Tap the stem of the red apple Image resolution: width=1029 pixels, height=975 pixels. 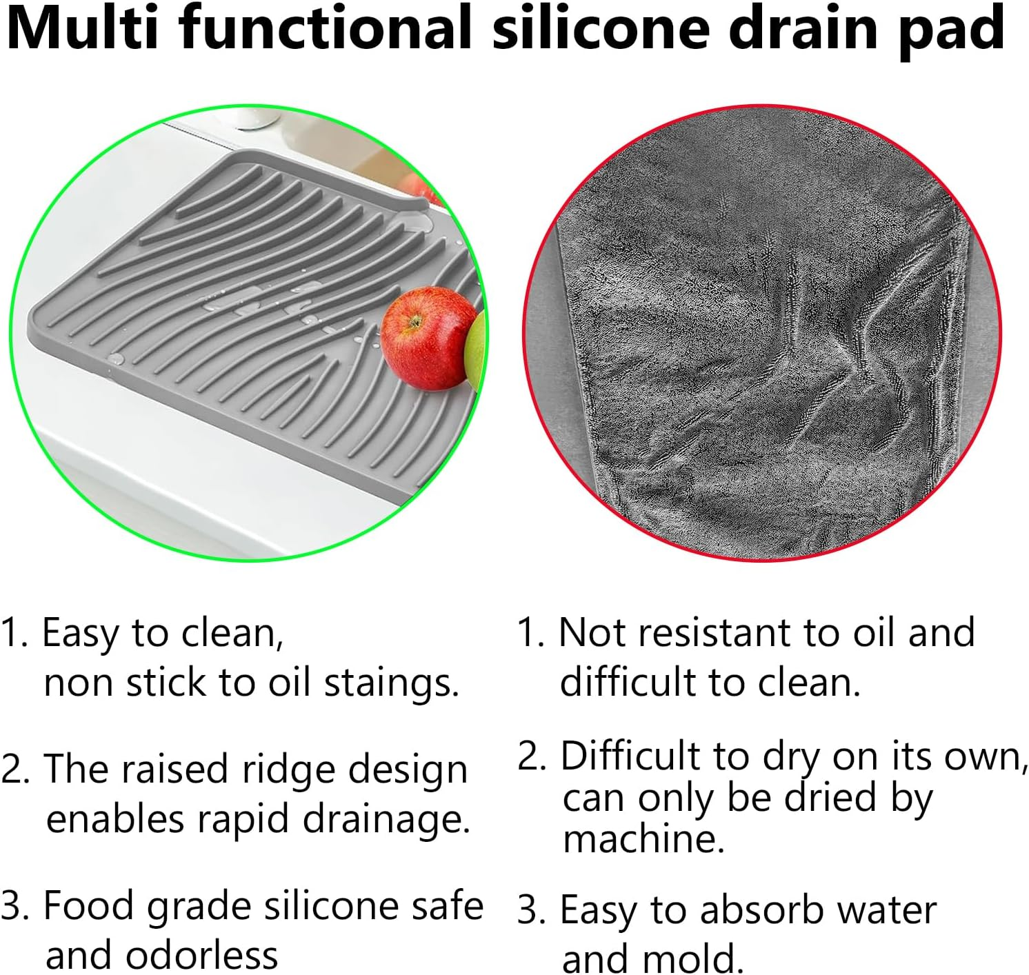point(414,321)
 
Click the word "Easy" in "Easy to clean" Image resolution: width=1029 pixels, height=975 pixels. point(79,633)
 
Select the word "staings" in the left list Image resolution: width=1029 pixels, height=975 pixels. point(391,683)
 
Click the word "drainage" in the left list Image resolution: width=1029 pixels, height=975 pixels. point(387,820)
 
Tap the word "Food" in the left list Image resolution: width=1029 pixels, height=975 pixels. point(88,905)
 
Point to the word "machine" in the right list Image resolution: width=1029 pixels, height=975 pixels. point(643,839)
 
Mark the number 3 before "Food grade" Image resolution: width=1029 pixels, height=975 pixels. point(13,906)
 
